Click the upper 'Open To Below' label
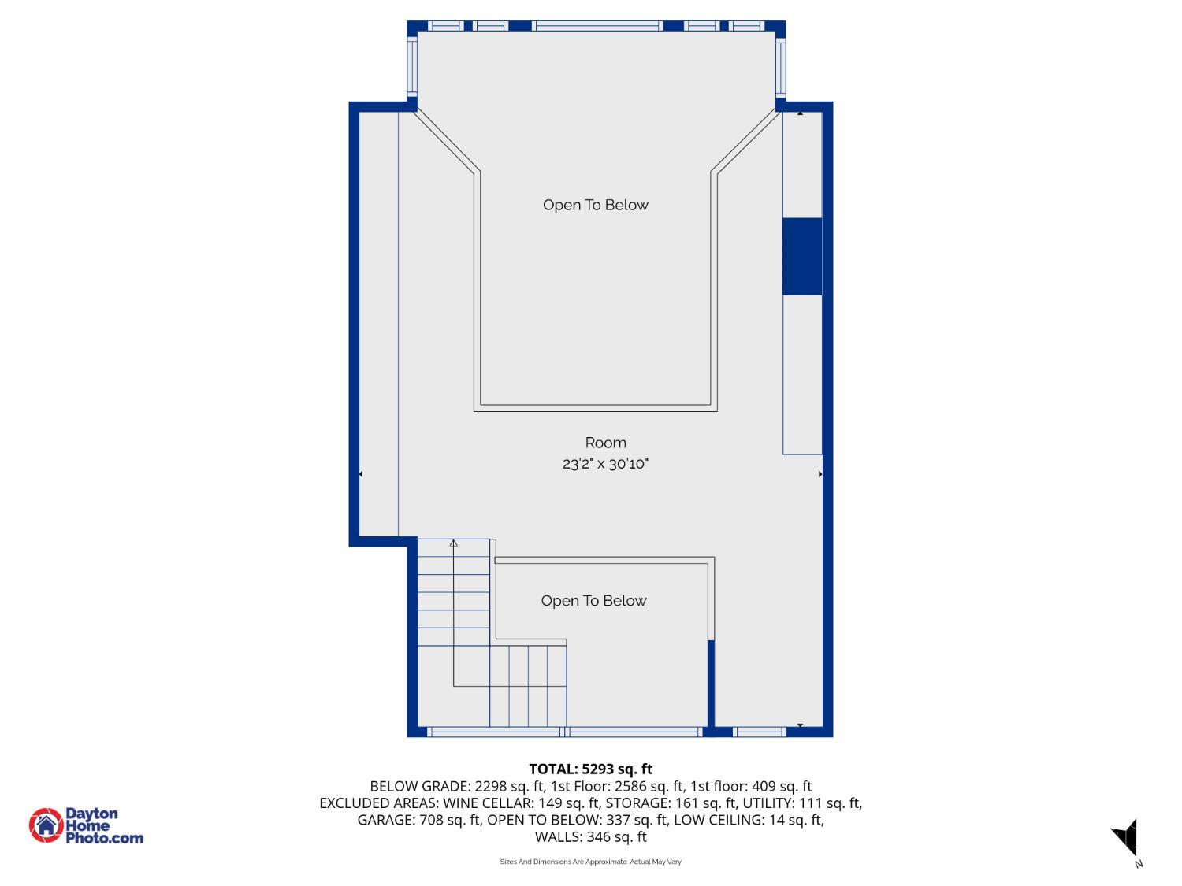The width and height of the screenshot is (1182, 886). [x=595, y=205]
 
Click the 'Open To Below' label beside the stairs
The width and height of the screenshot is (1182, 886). [x=593, y=601]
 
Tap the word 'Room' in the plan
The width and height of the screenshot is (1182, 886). [x=605, y=443]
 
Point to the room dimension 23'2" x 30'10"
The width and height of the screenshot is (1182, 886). [x=605, y=464]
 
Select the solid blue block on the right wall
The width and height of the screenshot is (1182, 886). [x=802, y=257]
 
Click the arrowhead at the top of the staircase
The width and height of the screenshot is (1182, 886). [x=453, y=543]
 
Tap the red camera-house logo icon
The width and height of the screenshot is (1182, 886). [x=46, y=825]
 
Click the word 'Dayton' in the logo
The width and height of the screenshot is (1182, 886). [x=91, y=814]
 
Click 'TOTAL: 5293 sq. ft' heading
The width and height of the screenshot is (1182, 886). [x=591, y=769]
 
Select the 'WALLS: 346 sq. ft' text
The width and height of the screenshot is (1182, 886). [x=591, y=836]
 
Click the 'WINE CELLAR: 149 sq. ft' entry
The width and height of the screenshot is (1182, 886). [x=521, y=803]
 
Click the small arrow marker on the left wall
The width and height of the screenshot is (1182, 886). [x=361, y=474]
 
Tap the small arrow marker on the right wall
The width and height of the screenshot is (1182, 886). [x=820, y=474]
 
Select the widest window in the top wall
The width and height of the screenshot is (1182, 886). [x=597, y=26]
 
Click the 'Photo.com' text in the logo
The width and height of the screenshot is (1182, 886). [x=105, y=838]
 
